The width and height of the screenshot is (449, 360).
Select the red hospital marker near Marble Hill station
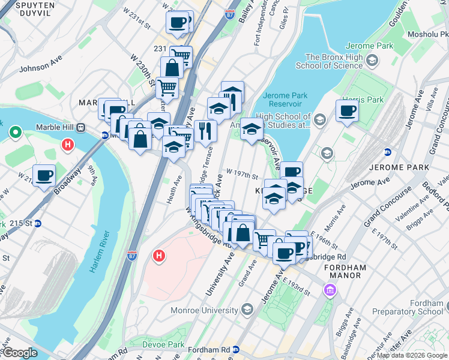[x=68, y=145]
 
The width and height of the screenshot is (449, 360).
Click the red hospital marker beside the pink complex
[x=159, y=256]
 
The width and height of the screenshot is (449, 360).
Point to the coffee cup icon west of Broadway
[x=44, y=175]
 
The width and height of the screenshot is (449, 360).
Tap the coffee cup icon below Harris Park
[x=346, y=111]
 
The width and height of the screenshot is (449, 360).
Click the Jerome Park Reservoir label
[x=286, y=100]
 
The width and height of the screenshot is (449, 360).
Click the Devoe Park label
[x=164, y=344]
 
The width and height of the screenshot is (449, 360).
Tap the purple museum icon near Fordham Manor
[x=330, y=291]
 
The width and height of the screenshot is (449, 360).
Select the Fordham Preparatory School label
[x=408, y=307]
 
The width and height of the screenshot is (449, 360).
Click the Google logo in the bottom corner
[x=20, y=353]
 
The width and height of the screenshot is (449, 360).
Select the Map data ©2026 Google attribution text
[x=411, y=355]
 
